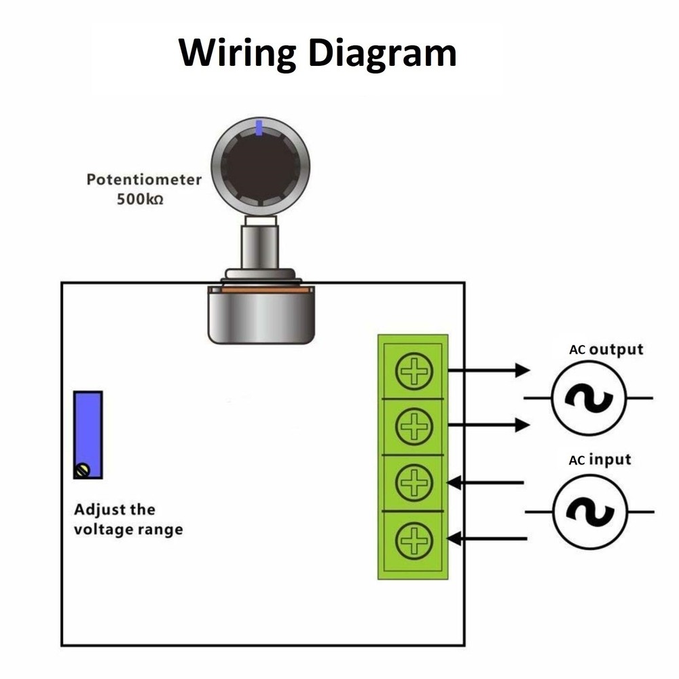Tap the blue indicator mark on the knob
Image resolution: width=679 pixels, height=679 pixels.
click(259, 126)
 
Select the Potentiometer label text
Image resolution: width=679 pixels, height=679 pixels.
click(144, 180)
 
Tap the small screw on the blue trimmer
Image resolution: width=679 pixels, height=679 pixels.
click(83, 470)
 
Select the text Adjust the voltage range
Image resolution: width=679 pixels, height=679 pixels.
click(128, 519)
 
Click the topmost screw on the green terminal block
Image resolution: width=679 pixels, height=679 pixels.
click(414, 371)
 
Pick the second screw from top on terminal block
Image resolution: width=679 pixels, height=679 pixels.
click(414, 426)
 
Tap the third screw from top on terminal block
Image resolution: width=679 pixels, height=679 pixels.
click(414, 483)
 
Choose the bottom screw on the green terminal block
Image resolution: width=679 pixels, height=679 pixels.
click(414, 540)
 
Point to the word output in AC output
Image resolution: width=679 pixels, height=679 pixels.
click(615, 350)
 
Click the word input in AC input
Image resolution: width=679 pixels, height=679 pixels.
click(610, 460)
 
